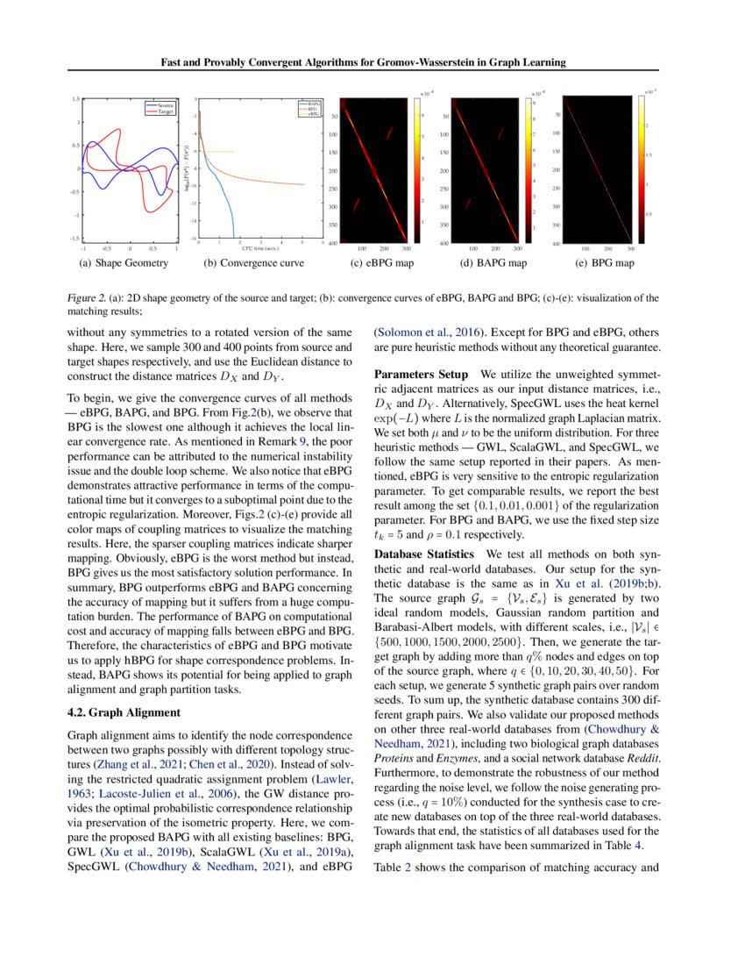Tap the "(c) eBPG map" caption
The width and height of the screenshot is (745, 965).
tap(382, 262)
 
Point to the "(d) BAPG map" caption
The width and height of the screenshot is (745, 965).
tap(493, 262)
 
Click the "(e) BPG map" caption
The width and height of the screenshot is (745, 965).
tap(604, 262)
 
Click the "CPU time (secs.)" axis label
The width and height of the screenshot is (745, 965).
tap(255, 248)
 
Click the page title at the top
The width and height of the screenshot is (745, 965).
tap(362, 62)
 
